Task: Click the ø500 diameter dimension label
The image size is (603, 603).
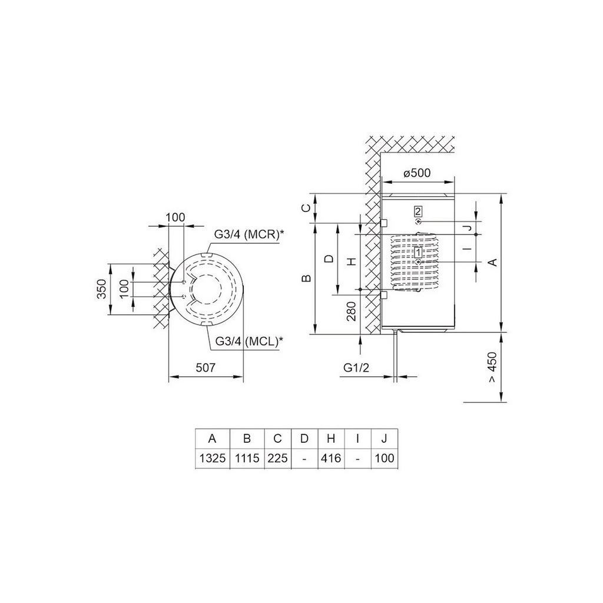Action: click(418, 173)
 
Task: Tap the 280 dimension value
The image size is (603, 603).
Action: click(351, 311)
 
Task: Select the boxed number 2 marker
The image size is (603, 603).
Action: click(418, 211)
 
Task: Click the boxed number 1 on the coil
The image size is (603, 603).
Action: click(418, 252)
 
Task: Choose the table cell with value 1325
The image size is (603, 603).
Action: click(213, 458)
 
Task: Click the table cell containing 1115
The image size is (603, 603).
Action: click(247, 458)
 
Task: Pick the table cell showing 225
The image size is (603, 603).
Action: click(277, 458)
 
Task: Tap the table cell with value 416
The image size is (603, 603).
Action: click(331, 458)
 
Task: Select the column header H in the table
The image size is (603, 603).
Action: click(331, 438)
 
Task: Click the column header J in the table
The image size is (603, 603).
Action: click(384, 438)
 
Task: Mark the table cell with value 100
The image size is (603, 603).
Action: click(384, 458)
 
